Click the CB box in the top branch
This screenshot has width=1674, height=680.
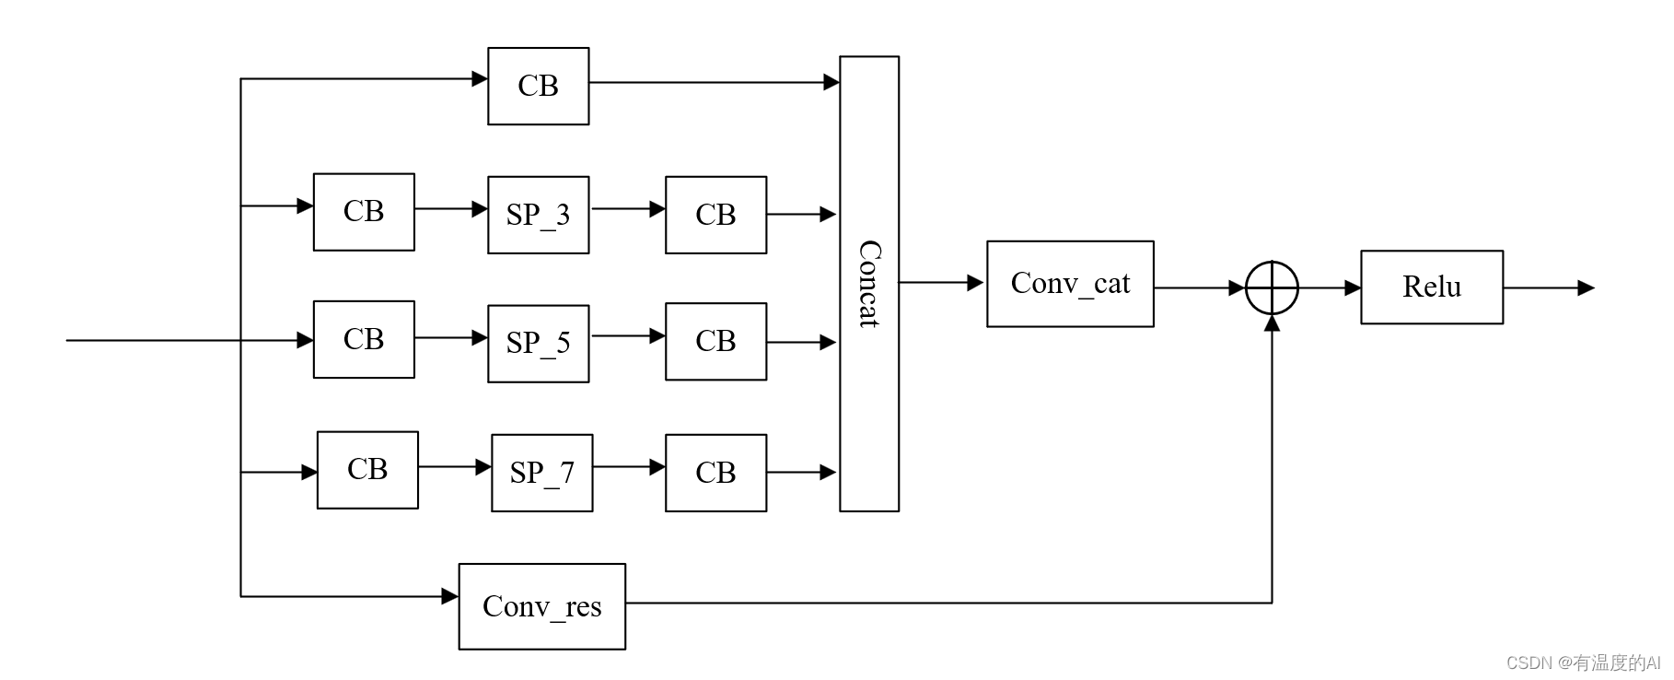(538, 86)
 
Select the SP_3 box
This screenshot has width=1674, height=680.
(538, 215)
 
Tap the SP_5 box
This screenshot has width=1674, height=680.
(538, 343)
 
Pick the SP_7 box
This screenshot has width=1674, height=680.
(541, 473)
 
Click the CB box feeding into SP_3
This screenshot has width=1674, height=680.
(364, 212)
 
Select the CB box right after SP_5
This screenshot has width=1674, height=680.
(715, 341)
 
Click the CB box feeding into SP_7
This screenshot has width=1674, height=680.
(367, 470)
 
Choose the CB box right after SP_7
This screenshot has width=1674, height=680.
(715, 473)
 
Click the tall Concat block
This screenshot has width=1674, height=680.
(868, 284)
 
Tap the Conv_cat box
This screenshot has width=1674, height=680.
(1070, 284)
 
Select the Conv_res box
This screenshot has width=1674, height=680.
(541, 606)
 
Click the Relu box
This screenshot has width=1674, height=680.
(1432, 287)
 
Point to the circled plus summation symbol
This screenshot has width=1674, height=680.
(1272, 287)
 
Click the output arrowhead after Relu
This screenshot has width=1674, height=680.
(1586, 287)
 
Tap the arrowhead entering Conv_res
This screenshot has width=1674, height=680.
(450, 596)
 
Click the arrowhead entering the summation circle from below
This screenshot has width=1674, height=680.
(1272, 323)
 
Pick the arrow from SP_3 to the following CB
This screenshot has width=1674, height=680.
(627, 209)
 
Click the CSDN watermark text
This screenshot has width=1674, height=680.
(1582, 662)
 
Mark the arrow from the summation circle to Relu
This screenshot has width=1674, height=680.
(1330, 287)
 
